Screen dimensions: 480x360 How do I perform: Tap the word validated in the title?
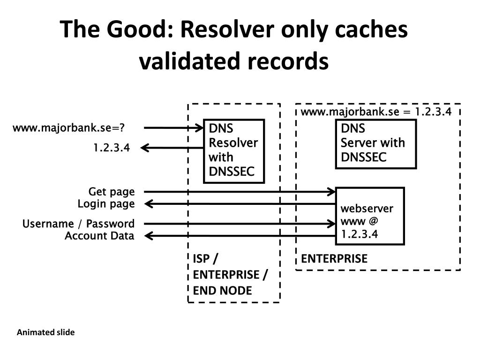[189, 61]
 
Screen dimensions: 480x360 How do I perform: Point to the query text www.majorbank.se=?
[68, 127]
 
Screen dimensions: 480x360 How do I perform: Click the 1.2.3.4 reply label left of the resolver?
[112, 148]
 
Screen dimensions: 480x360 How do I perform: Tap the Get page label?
[112, 192]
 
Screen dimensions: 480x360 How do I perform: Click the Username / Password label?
[78, 224]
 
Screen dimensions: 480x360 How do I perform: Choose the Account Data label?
[99, 236]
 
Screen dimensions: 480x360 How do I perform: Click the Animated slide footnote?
[45, 332]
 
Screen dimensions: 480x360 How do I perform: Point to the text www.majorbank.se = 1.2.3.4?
[376, 112]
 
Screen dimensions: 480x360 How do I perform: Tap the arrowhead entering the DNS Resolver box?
[200, 127]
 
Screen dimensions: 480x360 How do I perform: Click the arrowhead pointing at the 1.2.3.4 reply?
[145, 148]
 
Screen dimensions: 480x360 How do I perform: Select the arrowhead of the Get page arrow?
[331, 192]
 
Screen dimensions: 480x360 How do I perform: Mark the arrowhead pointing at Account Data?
[149, 236]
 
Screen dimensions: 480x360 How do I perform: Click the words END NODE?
[223, 291]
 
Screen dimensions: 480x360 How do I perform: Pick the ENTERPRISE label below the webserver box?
[334, 259]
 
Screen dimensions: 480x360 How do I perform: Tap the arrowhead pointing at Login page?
[149, 204]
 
